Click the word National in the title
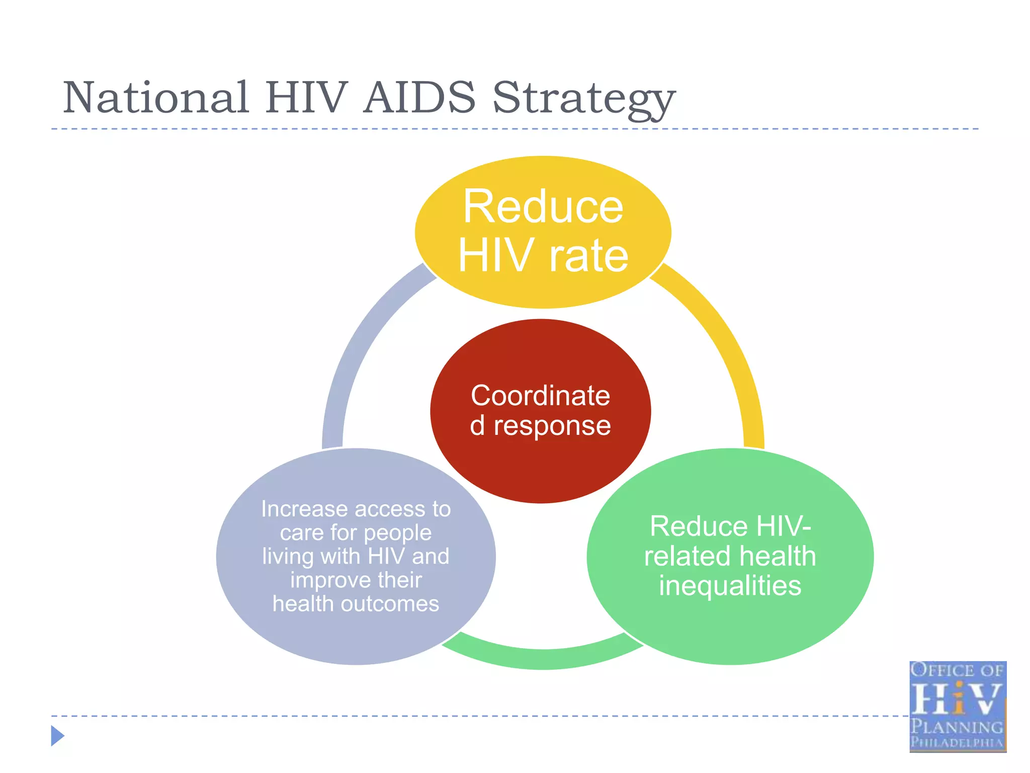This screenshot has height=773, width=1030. coord(156,98)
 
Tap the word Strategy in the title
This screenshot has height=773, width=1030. coord(583,99)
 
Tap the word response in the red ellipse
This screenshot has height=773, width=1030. coord(552,426)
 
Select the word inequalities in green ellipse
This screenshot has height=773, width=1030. coord(730,586)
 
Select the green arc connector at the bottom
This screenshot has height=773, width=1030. coord(543,657)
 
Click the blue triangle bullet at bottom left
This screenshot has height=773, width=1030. coord(57,736)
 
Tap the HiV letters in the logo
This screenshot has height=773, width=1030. coord(957,699)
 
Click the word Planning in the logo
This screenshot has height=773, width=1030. coord(957,727)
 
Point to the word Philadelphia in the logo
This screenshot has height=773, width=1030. coord(957,742)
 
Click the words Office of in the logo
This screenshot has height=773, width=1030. coord(957,670)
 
